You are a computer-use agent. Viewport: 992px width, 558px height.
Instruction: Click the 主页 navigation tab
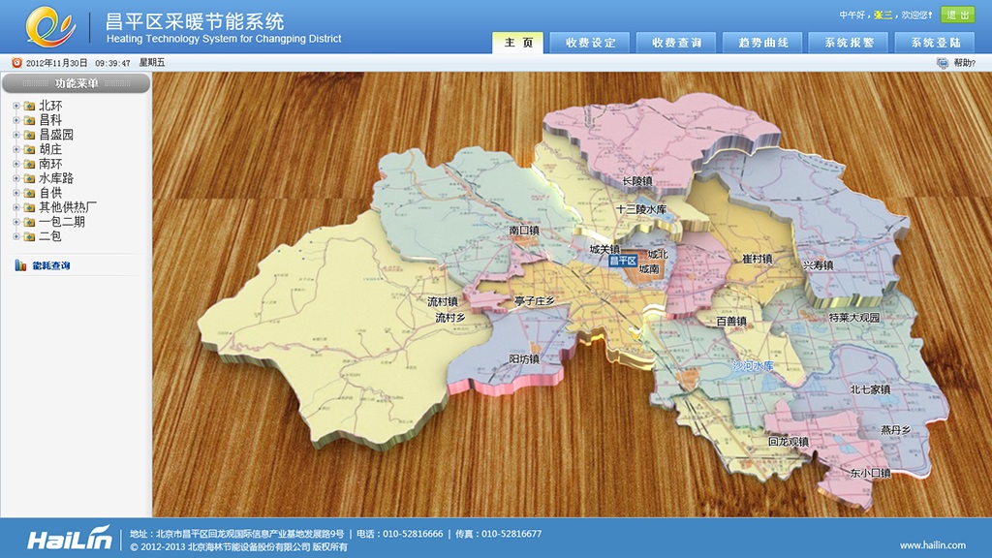click(x=518, y=43)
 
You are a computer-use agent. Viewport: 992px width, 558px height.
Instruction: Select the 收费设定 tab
click(x=590, y=43)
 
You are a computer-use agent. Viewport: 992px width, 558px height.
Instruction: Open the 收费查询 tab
click(x=676, y=43)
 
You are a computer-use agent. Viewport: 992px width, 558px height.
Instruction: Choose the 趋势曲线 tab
click(x=762, y=43)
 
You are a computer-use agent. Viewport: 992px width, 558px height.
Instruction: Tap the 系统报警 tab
click(x=849, y=43)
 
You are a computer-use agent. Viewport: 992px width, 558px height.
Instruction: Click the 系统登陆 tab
click(x=935, y=43)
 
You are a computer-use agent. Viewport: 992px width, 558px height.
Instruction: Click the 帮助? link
click(x=963, y=63)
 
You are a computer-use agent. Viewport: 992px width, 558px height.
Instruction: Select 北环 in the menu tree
click(x=50, y=106)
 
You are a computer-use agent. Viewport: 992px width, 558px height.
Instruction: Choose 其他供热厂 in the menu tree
click(x=68, y=207)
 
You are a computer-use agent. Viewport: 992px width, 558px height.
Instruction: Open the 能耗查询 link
click(x=50, y=265)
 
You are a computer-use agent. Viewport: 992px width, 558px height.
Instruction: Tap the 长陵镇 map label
click(x=636, y=181)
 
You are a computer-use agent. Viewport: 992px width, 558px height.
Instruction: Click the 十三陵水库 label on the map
click(x=641, y=209)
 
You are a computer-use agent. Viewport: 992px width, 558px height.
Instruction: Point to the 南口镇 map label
click(x=523, y=232)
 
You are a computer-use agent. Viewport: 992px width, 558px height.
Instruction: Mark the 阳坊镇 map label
click(x=524, y=359)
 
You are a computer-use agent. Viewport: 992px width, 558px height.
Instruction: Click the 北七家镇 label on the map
click(x=869, y=389)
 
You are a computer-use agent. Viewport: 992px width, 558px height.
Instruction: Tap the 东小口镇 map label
click(x=869, y=474)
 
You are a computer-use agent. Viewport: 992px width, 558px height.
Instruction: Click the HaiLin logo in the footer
click(x=69, y=540)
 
